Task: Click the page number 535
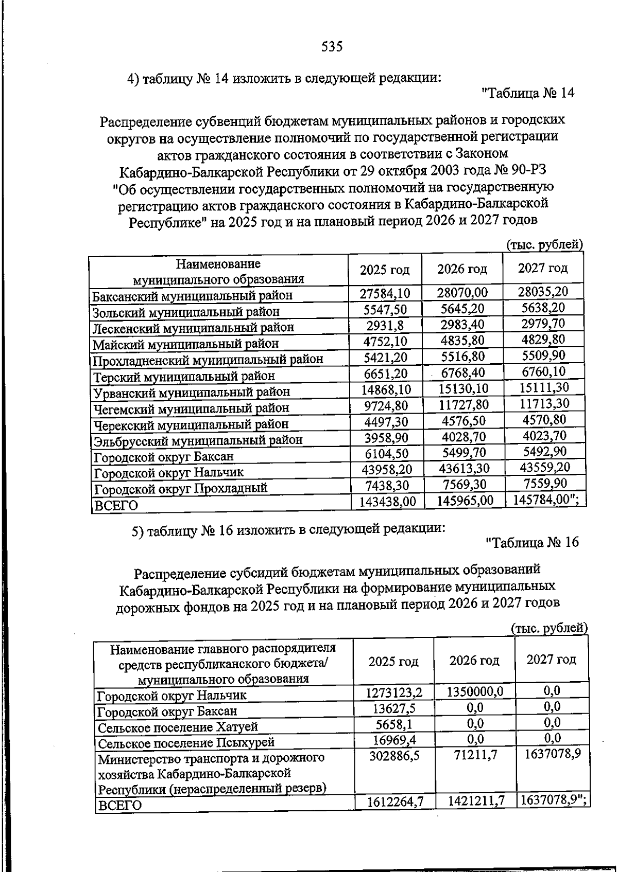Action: [x=332, y=47]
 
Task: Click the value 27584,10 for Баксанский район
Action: [x=385, y=293]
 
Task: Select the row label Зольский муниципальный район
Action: [x=186, y=312]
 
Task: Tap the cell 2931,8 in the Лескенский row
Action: [x=385, y=325]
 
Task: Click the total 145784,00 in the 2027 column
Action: [x=546, y=500]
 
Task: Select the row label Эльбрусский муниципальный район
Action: [x=197, y=440]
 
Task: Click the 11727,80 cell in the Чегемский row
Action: [x=463, y=405]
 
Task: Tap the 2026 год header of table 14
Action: [x=462, y=269]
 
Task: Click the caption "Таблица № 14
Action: [x=527, y=93]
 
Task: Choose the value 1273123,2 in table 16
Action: [x=394, y=693]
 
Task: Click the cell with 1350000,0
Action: [x=474, y=691]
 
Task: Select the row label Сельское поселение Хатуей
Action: [x=178, y=727]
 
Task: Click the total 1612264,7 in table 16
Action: [x=395, y=801]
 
